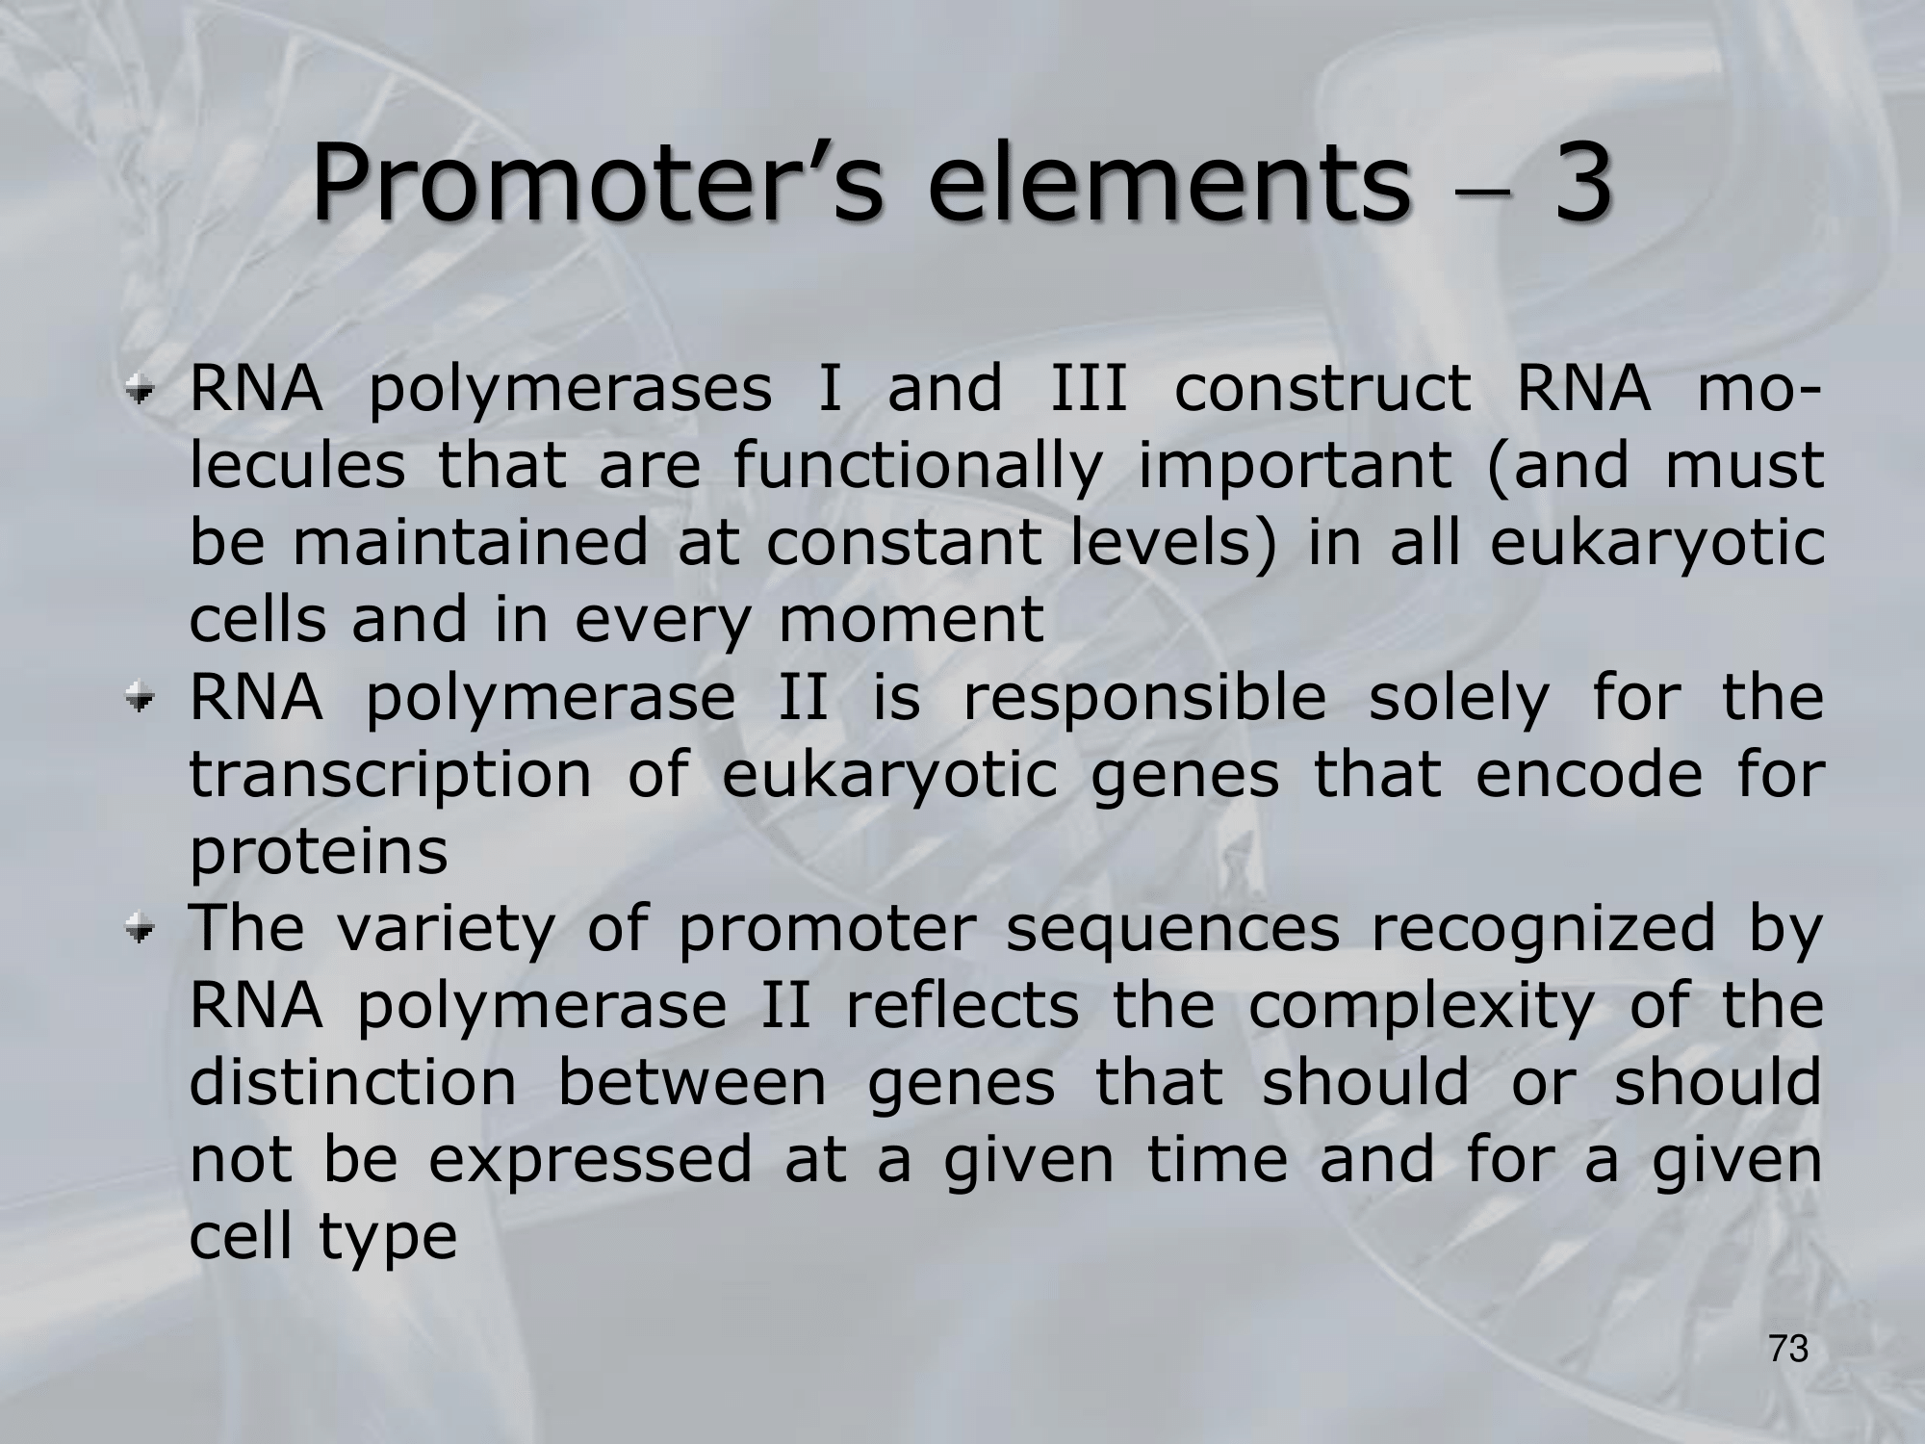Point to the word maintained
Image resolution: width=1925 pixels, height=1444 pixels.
tap(470, 543)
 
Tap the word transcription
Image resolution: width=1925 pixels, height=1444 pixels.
tap(390, 778)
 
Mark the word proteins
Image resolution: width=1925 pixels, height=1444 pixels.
tap(319, 855)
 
